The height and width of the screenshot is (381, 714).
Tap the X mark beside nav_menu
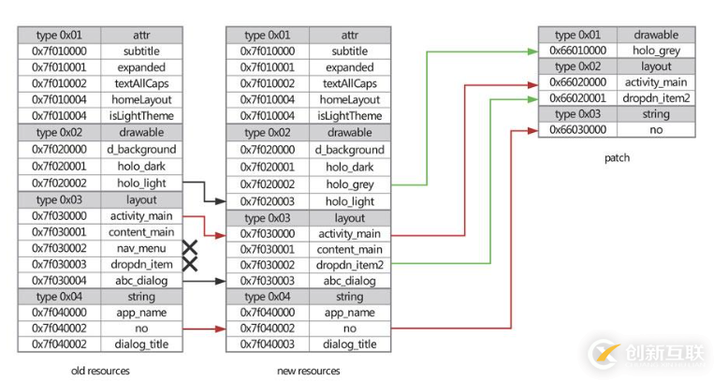tap(191, 248)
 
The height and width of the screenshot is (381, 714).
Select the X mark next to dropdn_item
tap(191, 264)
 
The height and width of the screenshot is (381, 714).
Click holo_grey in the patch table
tap(656, 51)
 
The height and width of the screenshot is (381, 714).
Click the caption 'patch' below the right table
tap(618, 157)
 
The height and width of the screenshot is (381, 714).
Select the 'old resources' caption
tap(100, 371)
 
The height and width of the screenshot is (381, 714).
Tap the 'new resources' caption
tap(309, 371)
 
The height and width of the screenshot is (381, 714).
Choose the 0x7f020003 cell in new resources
tap(268, 200)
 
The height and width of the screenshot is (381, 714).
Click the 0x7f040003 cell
tap(268, 344)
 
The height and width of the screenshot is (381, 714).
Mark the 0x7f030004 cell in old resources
tap(59, 280)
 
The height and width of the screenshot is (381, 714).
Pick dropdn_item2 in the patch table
tap(656, 98)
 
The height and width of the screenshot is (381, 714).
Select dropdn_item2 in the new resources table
tap(350, 265)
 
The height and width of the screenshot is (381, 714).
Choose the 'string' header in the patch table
tap(656, 114)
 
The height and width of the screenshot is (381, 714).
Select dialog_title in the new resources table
tap(350, 344)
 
